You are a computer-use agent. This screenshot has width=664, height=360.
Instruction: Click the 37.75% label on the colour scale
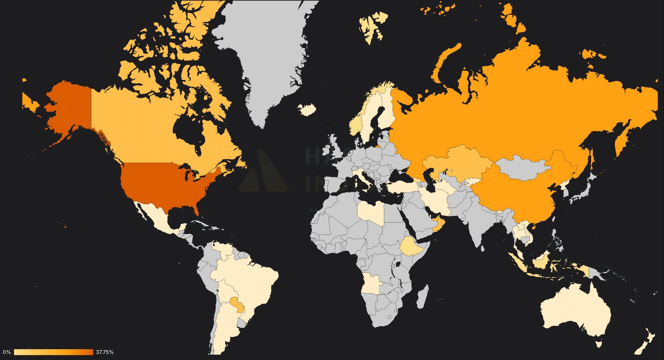tap(105, 352)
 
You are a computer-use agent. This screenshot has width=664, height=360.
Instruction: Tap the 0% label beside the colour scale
tap(7, 352)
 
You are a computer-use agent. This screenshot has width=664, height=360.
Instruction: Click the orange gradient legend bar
tap(53, 352)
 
